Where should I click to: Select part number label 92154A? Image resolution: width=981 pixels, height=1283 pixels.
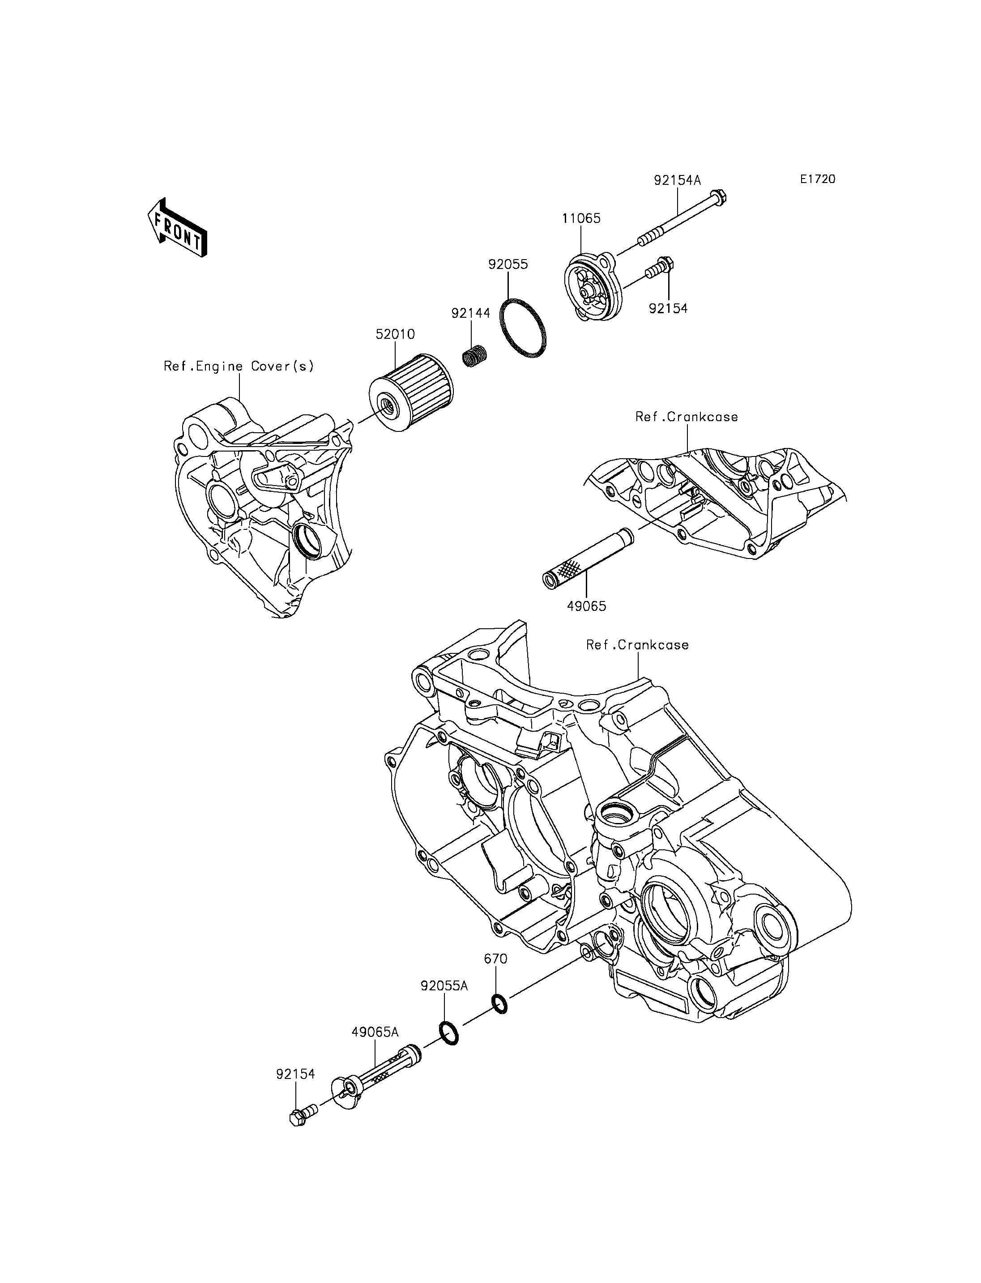(x=677, y=180)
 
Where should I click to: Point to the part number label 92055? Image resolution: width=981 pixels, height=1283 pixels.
(x=508, y=264)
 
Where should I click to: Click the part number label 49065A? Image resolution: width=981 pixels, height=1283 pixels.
(x=375, y=1032)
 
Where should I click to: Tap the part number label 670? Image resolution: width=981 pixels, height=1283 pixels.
(x=496, y=959)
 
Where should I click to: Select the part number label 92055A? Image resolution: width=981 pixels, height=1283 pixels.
(x=444, y=986)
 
